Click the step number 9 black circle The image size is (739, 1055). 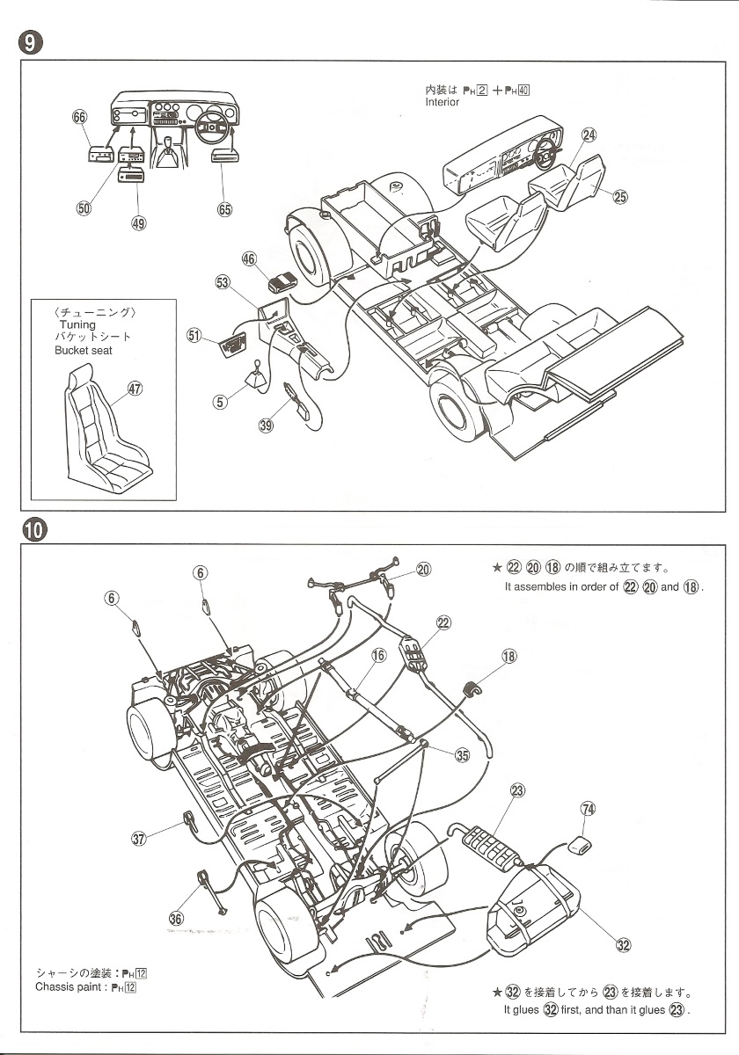tap(29, 42)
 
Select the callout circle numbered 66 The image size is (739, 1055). tap(80, 118)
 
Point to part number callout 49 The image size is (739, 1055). tap(138, 222)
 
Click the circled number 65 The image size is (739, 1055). tap(224, 208)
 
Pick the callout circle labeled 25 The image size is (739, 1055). tap(620, 197)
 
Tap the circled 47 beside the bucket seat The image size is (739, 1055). tap(135, 389)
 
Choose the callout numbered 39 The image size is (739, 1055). tap(267, 426)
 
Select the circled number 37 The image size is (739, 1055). tap(138, 839)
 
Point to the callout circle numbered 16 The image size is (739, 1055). tap(378, 655)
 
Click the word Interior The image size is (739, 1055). tap(442, 103)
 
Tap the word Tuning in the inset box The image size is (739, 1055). tap(77, 324)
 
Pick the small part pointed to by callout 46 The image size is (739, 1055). tap(281, 282)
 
